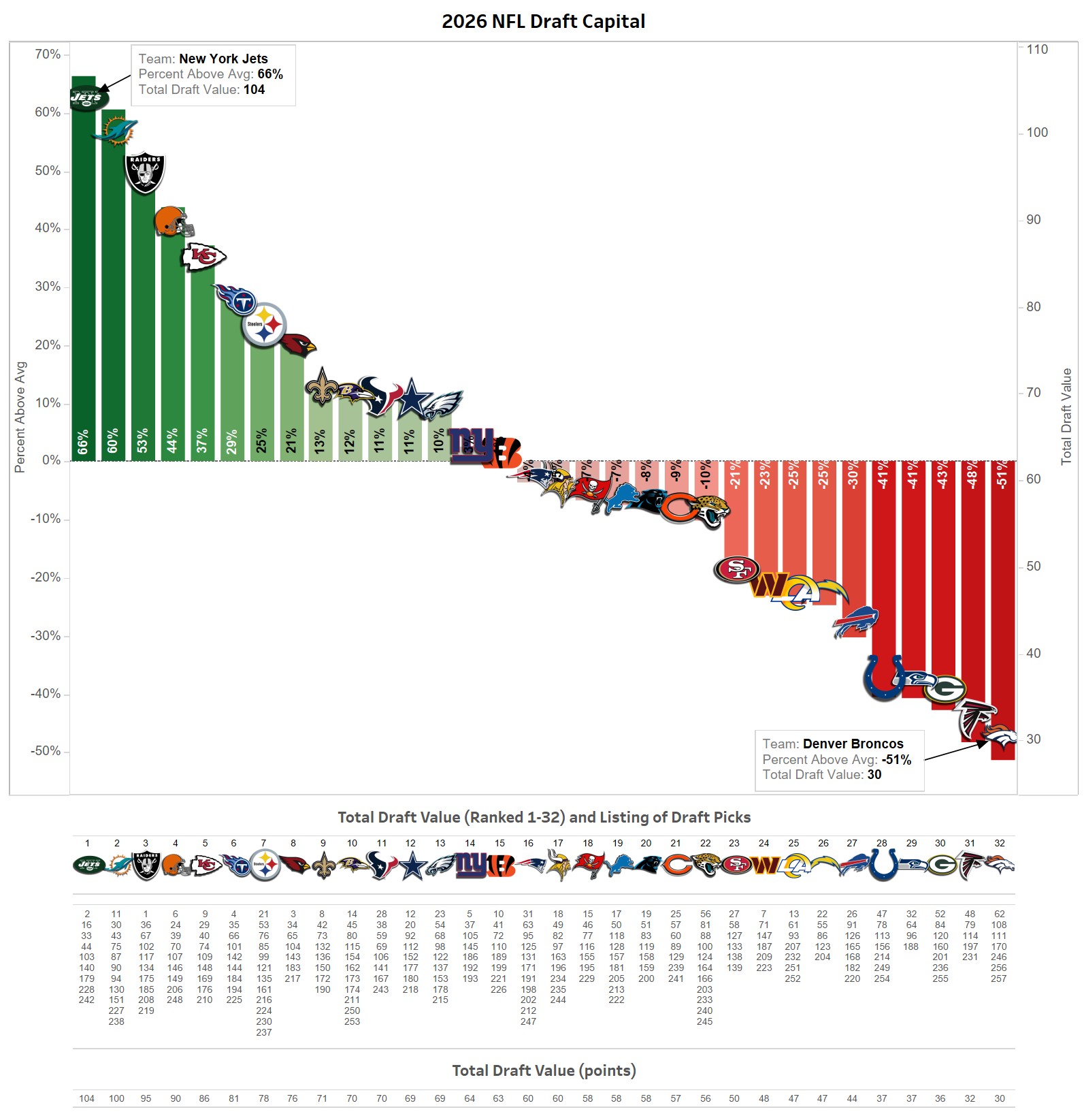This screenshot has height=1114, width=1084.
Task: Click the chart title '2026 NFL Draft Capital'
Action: (x=543, y=21)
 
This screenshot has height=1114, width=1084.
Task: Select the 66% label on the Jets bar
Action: (x=83, y=442)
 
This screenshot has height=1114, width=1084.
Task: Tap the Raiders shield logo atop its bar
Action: (x=145, y=173)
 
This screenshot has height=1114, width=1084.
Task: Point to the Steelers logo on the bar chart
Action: (x=264, y=325)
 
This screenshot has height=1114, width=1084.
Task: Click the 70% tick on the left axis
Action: (x=48, y=54)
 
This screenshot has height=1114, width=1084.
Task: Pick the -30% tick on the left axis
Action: (x=46, y=635)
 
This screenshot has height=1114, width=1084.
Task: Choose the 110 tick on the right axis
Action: (x=1037, y=49)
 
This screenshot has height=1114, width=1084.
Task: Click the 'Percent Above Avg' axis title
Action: (x=20, y=417)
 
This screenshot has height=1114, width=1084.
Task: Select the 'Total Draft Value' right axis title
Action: (x=1066, y=417)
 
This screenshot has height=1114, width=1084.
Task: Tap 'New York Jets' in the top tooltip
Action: (x=223, y=59)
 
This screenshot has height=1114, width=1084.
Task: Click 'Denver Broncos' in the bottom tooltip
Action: (x=853, y=744)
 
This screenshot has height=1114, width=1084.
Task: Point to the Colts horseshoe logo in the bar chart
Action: (x=884, y=677)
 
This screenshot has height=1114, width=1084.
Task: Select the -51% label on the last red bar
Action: (x=1002, y=475)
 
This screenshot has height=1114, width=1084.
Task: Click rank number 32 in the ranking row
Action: (x=999, y=843)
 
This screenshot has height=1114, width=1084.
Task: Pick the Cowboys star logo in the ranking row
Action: (x=411, y=866)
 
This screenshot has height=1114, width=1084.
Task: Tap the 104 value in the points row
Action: (x=87, y=1098)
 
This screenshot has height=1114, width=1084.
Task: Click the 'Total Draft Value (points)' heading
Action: (x=544, y=1070)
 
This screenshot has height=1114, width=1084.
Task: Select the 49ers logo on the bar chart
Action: (x=736, y=569)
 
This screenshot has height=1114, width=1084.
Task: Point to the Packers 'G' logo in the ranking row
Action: (x=940, y=866)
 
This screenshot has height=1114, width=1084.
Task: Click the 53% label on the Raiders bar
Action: (x=143, y=441)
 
